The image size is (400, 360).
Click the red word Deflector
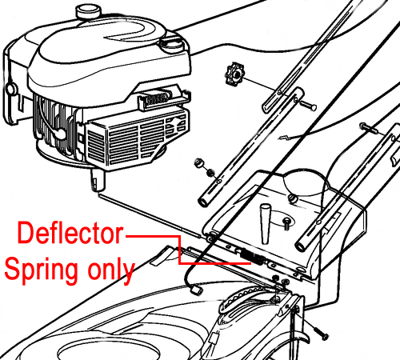[70, 233]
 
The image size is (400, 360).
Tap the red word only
[111, 270]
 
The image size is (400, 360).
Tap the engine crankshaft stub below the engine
[98, 180]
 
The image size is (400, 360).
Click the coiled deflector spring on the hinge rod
[252, 257]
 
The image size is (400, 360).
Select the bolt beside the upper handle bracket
[308, 105]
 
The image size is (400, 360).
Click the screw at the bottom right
[321, 333]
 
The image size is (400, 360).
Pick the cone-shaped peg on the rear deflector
[265, 223]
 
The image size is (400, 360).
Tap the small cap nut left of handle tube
[198, 162]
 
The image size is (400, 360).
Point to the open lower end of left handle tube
[204, 202]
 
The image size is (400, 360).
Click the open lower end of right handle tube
[302, 246]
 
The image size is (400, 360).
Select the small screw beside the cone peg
[286, 223]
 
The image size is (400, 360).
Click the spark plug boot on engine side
[59, 134]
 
